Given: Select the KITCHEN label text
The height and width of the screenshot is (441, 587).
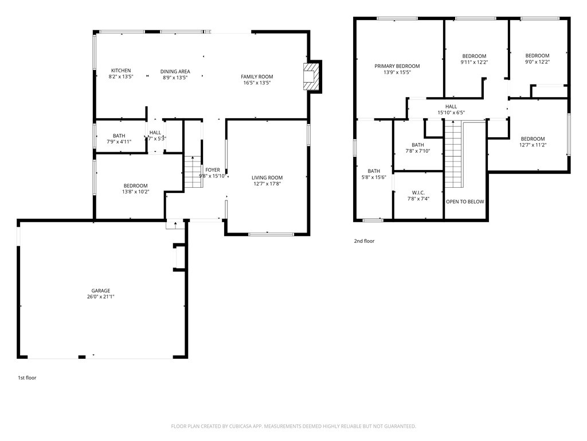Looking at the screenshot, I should click(x=121, y=71).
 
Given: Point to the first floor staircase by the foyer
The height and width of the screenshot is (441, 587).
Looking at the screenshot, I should click(x=191, y=172).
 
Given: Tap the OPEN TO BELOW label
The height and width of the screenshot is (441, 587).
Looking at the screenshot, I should click(x=465, y=202).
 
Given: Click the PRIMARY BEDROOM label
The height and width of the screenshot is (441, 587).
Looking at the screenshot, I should click(x=397, y=66).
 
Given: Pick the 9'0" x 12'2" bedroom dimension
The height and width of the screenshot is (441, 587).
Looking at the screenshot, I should click(x=537, y=63).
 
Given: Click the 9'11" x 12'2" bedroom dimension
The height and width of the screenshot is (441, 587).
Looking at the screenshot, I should click(x=474, y=63).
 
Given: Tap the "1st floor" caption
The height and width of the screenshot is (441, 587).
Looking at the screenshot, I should click(x=27, y=378).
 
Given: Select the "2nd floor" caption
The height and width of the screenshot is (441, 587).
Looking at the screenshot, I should click(x=364, y=241).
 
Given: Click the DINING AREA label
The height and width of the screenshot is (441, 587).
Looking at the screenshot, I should click(x=175, y=72).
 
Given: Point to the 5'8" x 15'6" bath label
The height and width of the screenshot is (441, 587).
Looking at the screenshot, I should click(x=374, y=177).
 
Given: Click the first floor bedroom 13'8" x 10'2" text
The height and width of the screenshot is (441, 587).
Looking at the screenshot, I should click(x=136, y=192).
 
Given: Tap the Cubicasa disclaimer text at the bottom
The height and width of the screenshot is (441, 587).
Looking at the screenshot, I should click(x=293, y=426).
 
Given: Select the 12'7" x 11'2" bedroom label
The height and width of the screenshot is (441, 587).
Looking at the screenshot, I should click(x=533, y=145).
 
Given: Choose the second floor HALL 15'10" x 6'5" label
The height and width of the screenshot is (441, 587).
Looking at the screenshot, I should click(x=451, y=113).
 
